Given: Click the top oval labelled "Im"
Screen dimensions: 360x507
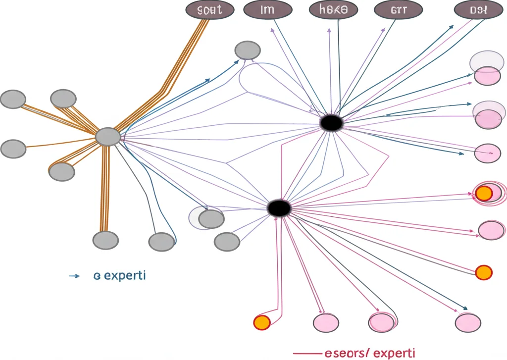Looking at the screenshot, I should (267, 10).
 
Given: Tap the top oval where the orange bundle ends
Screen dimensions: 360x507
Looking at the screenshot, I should (209, 10).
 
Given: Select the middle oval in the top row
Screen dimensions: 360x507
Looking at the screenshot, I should (332, 10).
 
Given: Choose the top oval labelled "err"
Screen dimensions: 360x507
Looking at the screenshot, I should (399, 10).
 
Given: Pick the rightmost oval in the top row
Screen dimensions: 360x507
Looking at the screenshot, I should (478, 10).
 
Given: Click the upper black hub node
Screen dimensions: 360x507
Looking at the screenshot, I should (331, 123).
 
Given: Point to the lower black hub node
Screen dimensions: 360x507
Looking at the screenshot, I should (279, 208).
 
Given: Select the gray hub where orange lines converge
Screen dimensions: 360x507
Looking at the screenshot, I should (107, 137).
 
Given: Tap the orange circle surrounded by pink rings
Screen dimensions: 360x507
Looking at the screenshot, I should (483, 193).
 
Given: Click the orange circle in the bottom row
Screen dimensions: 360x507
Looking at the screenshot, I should (261, 322).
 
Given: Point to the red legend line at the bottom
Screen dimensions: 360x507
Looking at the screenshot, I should (307, 354).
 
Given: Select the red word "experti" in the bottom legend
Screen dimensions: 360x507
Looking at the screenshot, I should (394, 353).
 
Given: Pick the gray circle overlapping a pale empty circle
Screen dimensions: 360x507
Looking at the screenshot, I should (211, 218).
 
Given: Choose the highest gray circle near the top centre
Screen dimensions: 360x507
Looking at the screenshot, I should (247, 50).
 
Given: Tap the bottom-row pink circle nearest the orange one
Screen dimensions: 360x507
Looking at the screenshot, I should (326, 322).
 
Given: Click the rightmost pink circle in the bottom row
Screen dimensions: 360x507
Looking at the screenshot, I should (468, 322).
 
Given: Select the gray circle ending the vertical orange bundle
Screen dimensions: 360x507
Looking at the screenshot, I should (105, 240).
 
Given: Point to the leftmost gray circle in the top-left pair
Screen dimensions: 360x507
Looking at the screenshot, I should (13, 99).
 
